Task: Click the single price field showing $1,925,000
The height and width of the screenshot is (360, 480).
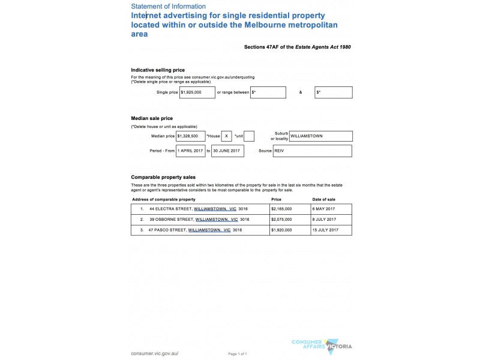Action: [197, 92]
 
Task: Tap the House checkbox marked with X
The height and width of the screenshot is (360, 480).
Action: [226, 136]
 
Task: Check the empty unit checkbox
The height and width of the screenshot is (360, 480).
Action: [250, 136]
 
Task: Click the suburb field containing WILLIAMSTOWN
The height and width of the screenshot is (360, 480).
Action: [320, 136]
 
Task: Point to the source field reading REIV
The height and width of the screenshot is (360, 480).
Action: [313, 151]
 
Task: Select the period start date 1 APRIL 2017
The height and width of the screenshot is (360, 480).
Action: [191, 151]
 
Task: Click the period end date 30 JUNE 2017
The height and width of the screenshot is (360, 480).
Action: [227, 151]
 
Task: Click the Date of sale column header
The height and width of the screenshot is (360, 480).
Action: [324, 199]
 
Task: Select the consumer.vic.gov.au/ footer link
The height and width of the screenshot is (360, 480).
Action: [155, 353]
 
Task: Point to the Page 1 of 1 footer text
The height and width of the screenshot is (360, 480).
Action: [238, 354]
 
